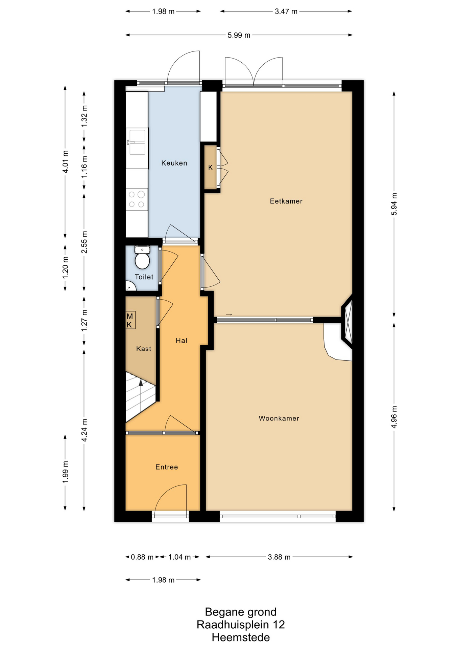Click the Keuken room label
(x=174, y=163)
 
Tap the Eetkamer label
(x=286, y=201)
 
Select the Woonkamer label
(x=279, y=418)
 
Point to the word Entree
(x=167, y=467)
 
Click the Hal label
(x=182, y=341)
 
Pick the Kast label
(x=144, y=349)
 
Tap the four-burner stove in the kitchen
(x=137, y=199)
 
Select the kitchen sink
(x=137, y=142)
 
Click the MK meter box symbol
(x=130, y=320)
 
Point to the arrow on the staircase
(x=141, y=395)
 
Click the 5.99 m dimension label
(x=239, y=35)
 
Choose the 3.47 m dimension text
(x=286, y=12)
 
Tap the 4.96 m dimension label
(x=394, y=416)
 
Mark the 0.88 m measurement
(x=142, y=557)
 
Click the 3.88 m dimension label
(x=279, y=557)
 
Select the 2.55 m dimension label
(x=84, y=242)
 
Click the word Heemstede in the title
(x=241, y=638)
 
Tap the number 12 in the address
(x=279, y=625)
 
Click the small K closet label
(x=211, y=168)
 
